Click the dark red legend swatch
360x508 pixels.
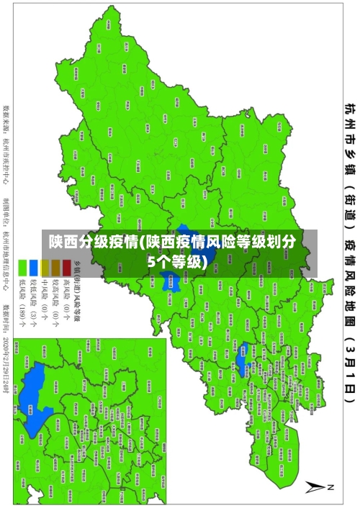point(66,268)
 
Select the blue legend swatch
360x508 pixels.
point(33,268)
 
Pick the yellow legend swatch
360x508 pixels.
point(45,268)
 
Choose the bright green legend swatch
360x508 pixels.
point(22,268)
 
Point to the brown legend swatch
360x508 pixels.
point(55,268)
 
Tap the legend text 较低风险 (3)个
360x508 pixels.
point(33,306)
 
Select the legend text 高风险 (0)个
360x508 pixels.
point(66,306)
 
